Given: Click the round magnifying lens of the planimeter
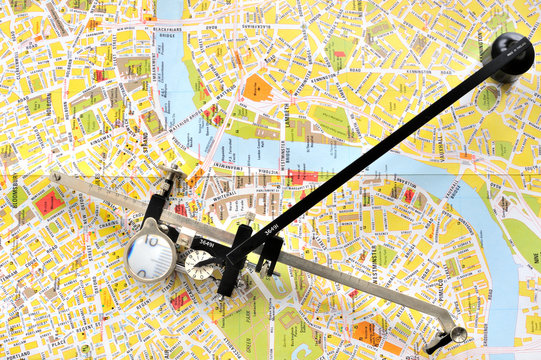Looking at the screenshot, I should [151, 255].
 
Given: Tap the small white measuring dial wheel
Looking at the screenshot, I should [200, 265].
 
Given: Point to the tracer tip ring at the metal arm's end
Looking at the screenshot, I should [457, 334].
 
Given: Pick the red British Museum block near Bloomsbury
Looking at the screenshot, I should [48, 202].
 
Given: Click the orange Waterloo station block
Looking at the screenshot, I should [257, 87].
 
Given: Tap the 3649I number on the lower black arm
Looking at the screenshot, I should [206, 242].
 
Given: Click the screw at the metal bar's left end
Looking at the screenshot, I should [57, 178].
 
